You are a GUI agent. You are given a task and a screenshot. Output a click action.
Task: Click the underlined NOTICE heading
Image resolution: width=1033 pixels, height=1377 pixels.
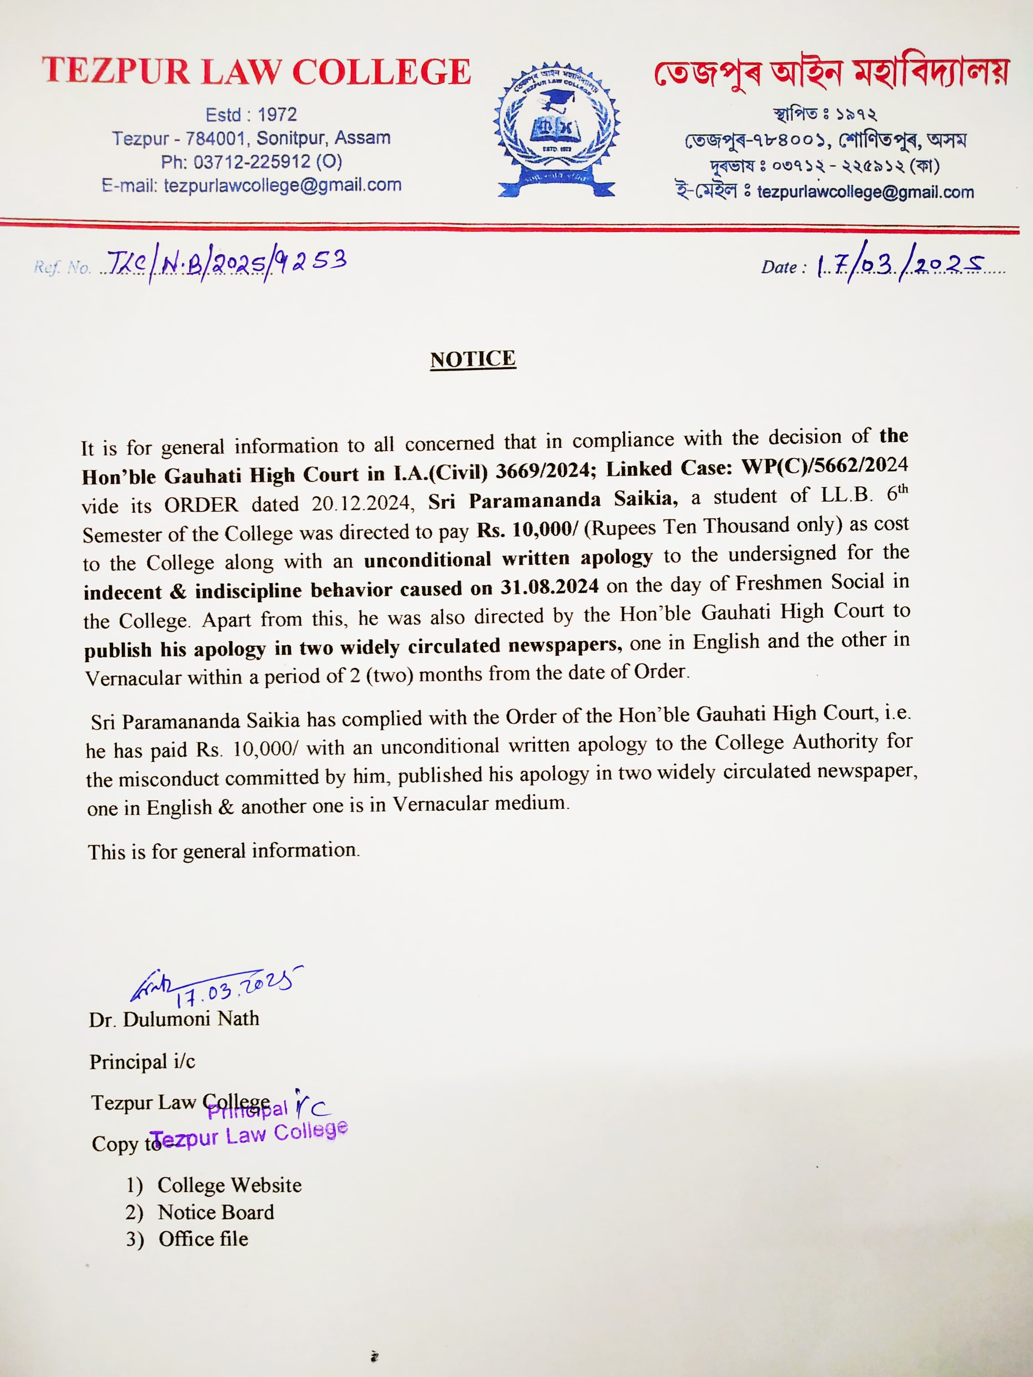point(473,359)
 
